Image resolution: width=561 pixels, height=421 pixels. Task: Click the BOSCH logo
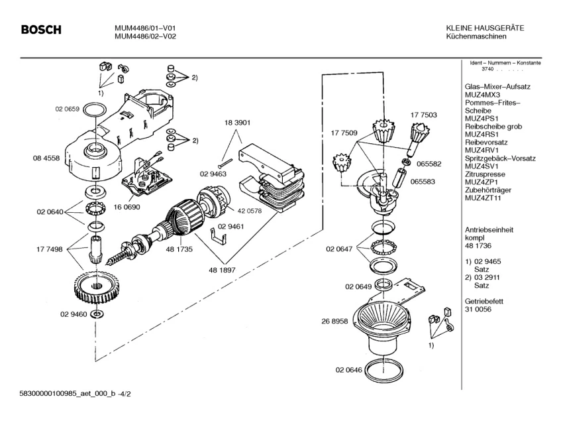coord(40,30)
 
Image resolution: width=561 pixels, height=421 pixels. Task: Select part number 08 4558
coord(46,158)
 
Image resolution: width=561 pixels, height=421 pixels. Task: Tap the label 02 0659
coord(66,108)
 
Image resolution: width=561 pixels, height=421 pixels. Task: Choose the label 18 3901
coord(238,123)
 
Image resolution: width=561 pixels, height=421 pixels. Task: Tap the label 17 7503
coord(423,115)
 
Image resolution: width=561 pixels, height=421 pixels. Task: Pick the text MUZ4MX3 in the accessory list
coord(482,95)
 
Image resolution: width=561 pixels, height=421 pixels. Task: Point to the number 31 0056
coord(478,310)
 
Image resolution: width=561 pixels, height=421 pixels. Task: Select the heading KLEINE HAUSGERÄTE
coord(485,28)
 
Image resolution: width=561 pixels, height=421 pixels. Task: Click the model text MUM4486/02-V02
coord(144,36)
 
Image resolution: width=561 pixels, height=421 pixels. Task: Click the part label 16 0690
coord(128,207)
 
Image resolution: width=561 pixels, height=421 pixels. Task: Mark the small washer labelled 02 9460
coord(97,314)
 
